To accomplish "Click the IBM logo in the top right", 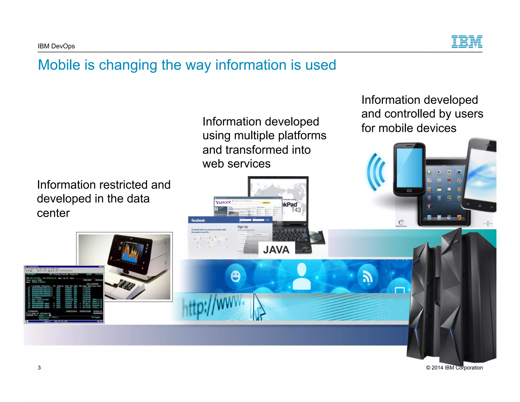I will click(x=467, y=42).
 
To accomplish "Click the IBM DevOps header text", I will click(x=56, y=46).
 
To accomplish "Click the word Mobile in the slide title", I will click(x=59, y=65).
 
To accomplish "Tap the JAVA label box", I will click(x=277, y=250).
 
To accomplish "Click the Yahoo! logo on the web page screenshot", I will click(x=223, y=203).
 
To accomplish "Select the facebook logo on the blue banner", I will click(x=198, y=220).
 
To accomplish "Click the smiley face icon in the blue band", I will click(x=235, y=276).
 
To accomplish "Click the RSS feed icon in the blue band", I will click(x=367, y=277).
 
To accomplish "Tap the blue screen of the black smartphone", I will click(x=409, y=168).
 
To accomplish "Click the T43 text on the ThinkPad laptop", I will click(x=296, y=210).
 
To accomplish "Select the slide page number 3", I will click(x=39, y=368).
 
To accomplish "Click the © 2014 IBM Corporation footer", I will click(x=454, y=368).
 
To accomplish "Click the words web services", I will click(x=236, y=164).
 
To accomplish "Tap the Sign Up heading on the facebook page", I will click(x=242, y=227).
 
